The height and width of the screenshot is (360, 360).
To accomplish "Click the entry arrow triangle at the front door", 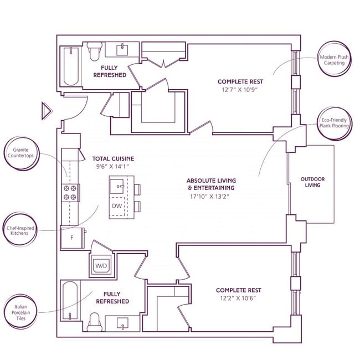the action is [46, 111].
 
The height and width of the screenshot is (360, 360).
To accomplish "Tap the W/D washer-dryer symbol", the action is [101, 266].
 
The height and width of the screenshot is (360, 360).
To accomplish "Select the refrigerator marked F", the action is [72, 238].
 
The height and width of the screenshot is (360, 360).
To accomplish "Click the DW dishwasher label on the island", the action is [117, 206].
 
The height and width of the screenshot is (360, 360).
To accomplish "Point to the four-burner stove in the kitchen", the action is [70, 193].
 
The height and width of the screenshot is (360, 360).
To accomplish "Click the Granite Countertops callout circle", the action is [22, 153].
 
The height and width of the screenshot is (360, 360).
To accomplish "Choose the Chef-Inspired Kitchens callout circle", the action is [20, 230].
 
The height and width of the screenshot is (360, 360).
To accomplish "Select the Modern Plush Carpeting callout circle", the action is [335, 59].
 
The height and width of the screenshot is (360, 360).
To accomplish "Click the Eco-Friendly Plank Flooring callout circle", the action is [335, 123].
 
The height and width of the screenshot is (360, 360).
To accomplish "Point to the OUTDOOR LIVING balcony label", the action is [312, 182].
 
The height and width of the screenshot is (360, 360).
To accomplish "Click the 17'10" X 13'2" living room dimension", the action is [209, 197].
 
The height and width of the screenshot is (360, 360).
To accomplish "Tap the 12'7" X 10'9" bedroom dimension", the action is [240, 90].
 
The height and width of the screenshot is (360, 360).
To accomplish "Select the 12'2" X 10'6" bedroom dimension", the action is [238, 298].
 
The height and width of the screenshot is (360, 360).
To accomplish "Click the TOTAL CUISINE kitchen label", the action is [113, 158].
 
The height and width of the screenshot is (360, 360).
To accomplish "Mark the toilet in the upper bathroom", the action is [94, 51].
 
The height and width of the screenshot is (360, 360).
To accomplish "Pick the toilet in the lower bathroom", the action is [95, 322].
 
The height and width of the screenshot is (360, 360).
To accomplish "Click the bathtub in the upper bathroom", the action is [71, 66].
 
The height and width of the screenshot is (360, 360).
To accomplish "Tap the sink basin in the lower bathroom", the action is [122, 323].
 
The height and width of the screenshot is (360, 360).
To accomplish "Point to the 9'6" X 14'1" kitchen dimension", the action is [112, 167].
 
